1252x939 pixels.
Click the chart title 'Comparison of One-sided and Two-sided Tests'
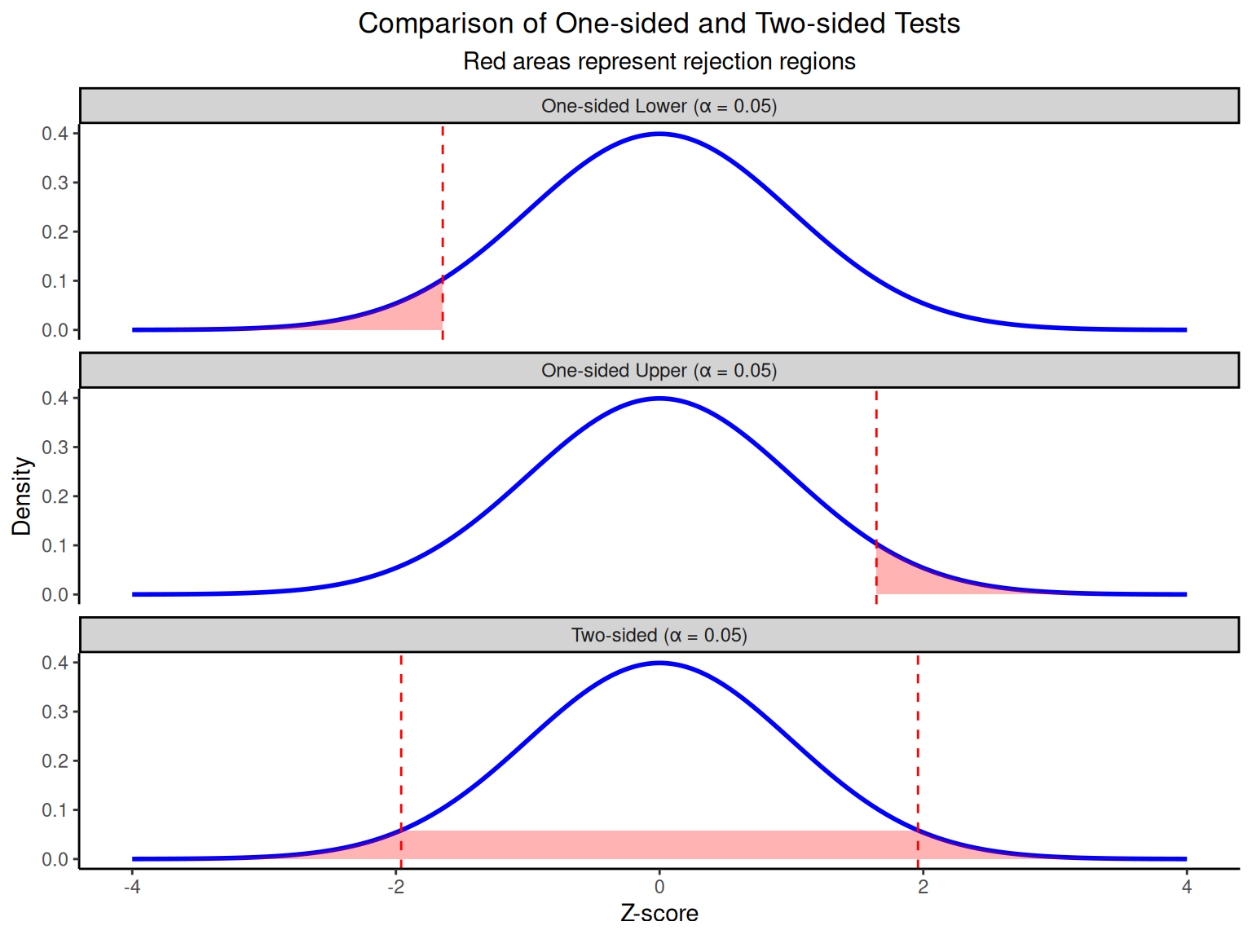[659, 24]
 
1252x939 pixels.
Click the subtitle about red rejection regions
[659, 62]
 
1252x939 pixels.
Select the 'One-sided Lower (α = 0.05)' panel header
[659, 106]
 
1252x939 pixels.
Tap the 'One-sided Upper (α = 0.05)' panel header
[659, 371]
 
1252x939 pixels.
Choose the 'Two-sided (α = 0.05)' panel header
[659, 635]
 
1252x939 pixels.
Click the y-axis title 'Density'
[22, 496]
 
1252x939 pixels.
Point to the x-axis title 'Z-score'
[659, 913]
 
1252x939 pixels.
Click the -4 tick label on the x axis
[132, 887]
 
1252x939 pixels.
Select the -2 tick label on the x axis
[395, 887]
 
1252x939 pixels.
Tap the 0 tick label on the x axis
[659, 887]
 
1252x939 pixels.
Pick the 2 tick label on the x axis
[923, 887]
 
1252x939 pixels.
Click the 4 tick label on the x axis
[1187, 887]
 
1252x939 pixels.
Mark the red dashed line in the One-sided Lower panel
[443, 204]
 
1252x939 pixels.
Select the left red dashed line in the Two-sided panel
[401, 734]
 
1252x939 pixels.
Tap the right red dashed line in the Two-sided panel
[918, 734]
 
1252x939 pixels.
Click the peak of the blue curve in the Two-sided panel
[659, 663]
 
